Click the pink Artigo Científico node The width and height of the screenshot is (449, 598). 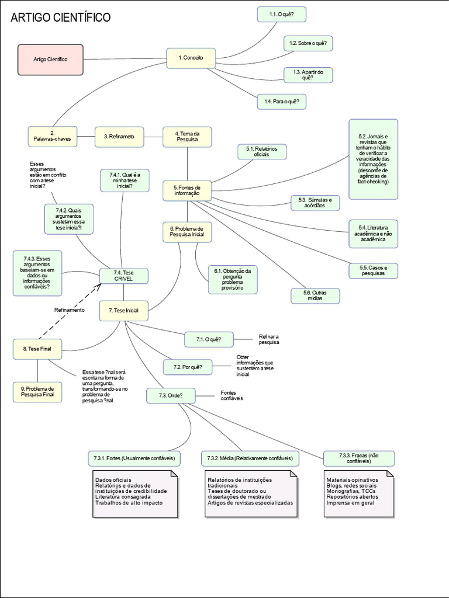pos(50,60)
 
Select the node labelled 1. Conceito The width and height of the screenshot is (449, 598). pos(191,58)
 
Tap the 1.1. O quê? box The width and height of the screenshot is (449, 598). pos(281,14)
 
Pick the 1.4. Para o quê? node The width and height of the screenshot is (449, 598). pos(281,102)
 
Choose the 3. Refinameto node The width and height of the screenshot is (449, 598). pos(119,137)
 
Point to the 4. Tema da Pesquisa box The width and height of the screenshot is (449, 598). pos(187,137)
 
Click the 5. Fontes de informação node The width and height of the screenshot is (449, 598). pos(186,190)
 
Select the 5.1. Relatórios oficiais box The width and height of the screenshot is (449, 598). pos(261,152)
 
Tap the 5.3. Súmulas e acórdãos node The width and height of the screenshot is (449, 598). pos(315,203)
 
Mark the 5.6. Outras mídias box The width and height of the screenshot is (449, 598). pos(315,295)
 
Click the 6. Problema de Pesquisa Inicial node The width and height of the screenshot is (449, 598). pos(187,232)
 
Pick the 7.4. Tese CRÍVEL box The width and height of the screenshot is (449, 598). pos(123,276)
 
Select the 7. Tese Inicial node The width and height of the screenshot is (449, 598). pos(123,311)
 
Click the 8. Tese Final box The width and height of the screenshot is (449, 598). pos(37,349)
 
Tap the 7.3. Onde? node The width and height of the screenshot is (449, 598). pos(170,395)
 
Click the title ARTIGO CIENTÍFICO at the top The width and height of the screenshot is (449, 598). pos(61,18)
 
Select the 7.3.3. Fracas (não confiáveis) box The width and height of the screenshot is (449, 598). pos(358,458)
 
